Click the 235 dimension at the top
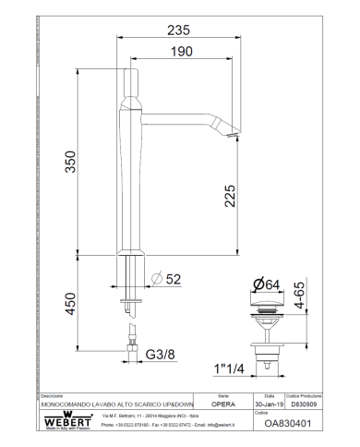[178, 30]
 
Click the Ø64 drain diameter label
[268, 284]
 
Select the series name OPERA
[223, 404]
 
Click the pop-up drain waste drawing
[269, 323]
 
